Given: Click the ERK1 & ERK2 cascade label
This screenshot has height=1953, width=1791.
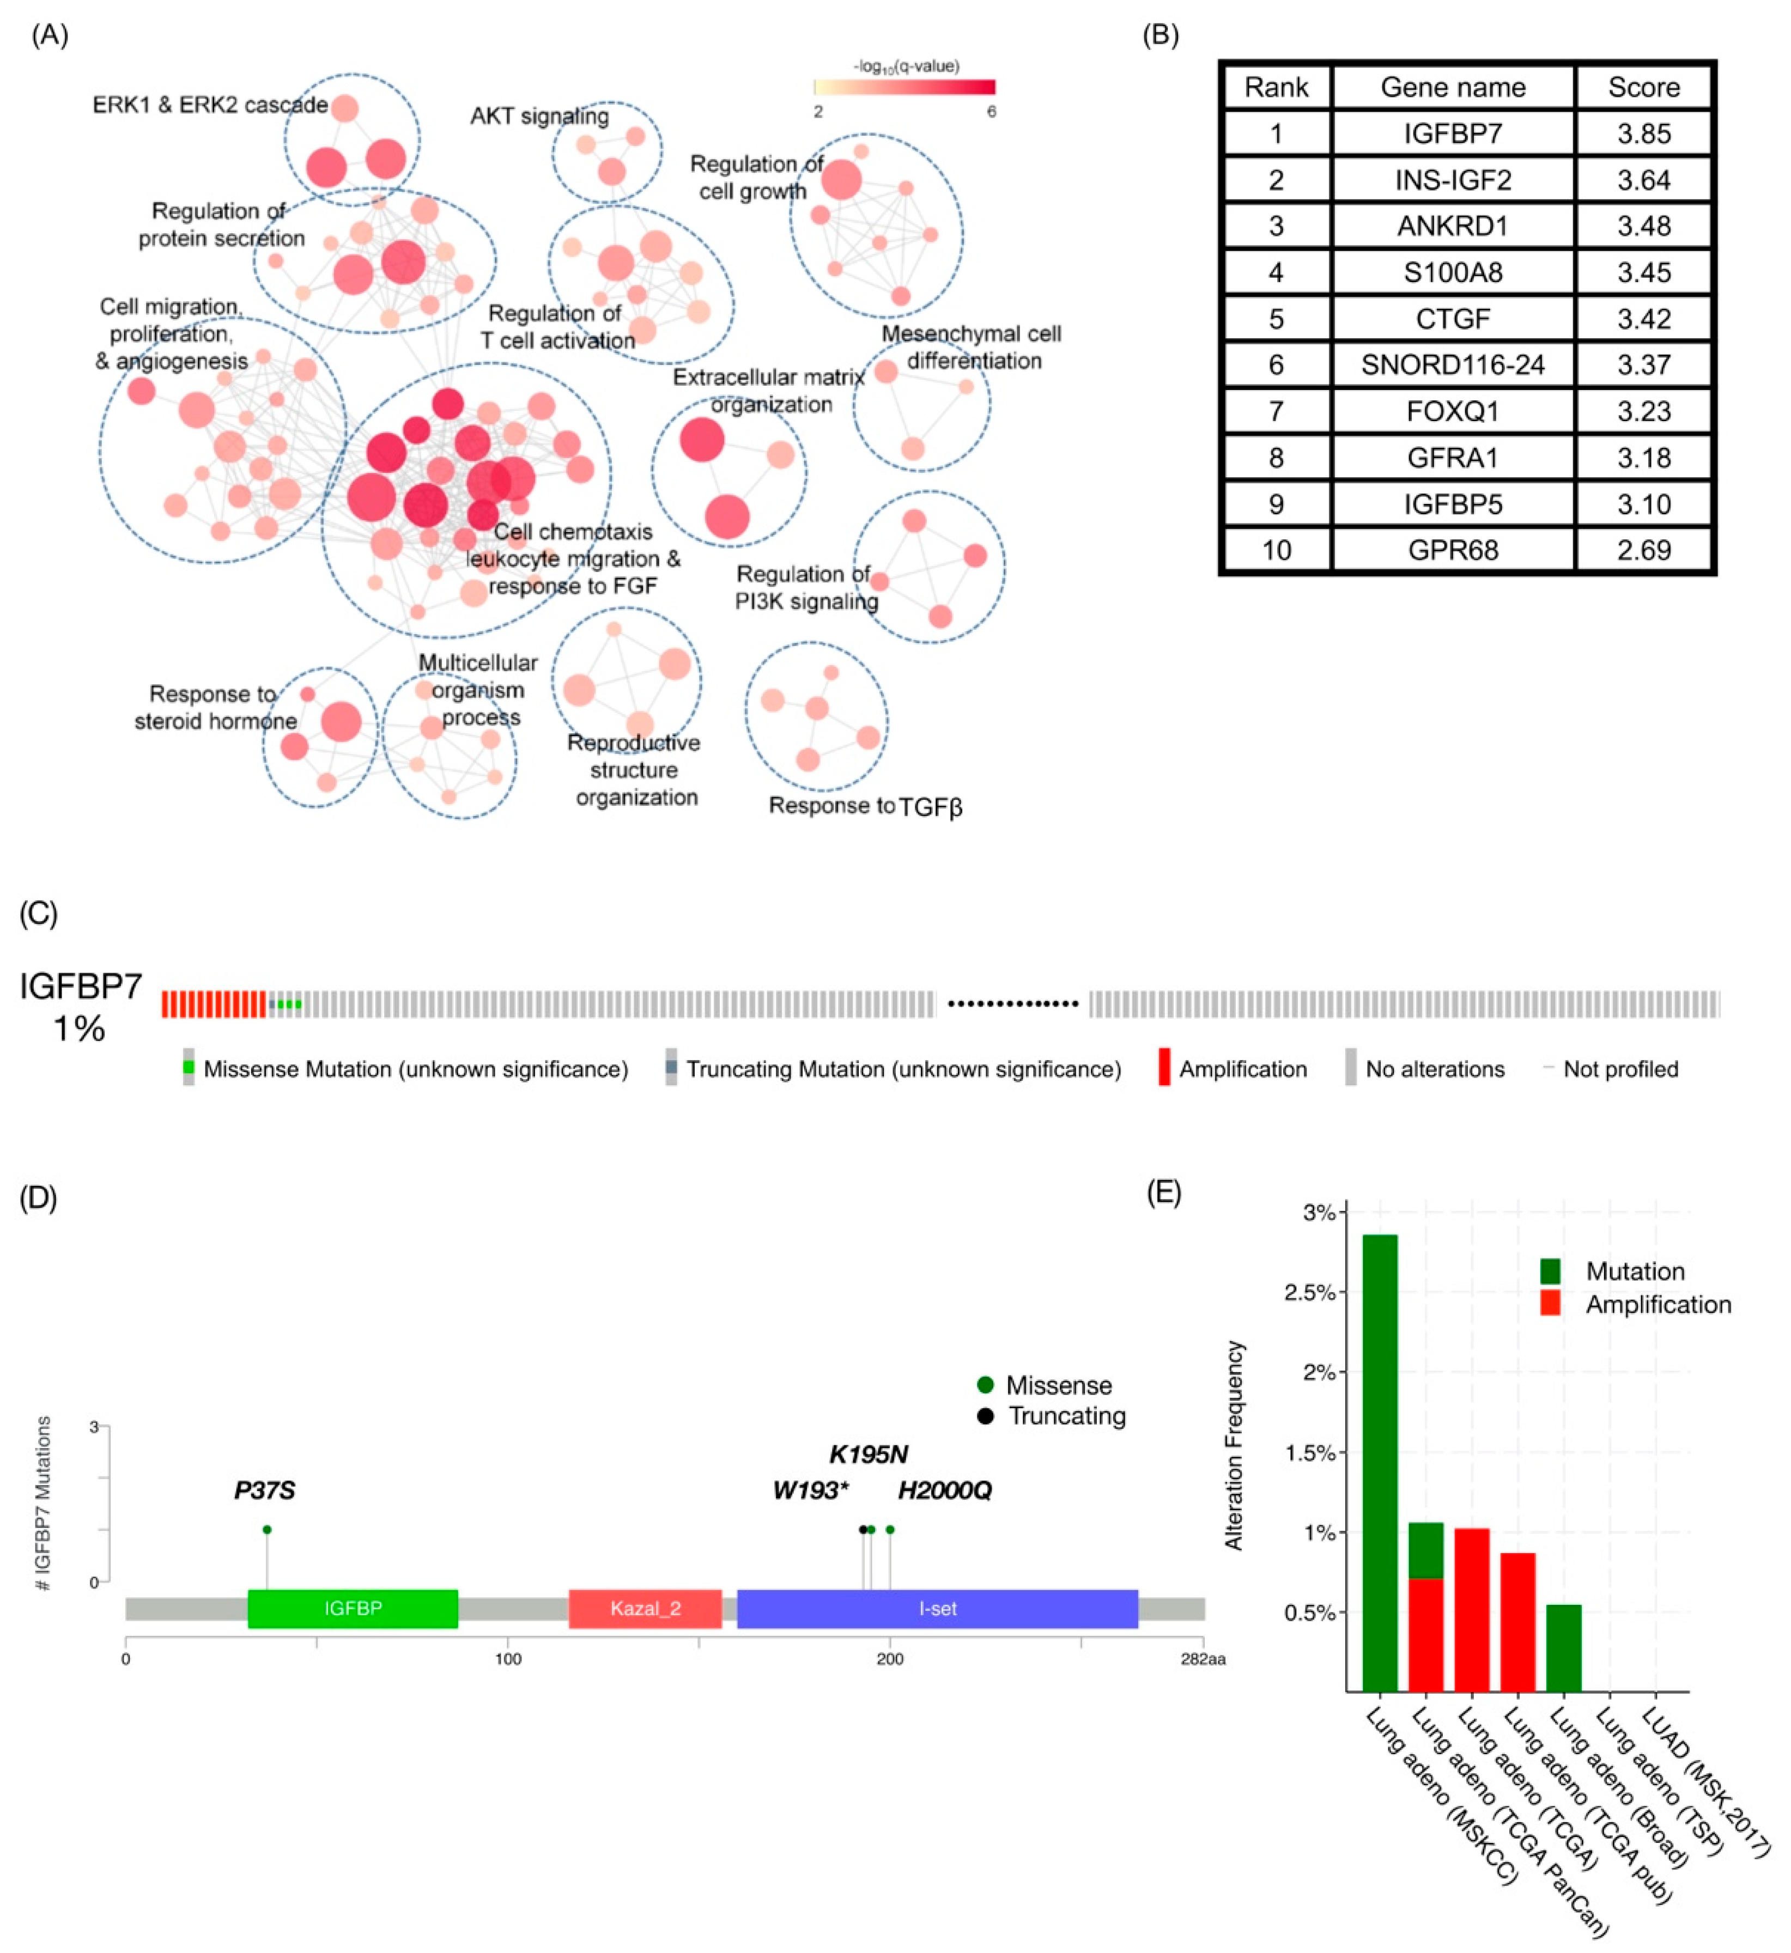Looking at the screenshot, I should [209, 105].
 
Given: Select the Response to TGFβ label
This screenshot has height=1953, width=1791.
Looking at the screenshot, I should [865, 806].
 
